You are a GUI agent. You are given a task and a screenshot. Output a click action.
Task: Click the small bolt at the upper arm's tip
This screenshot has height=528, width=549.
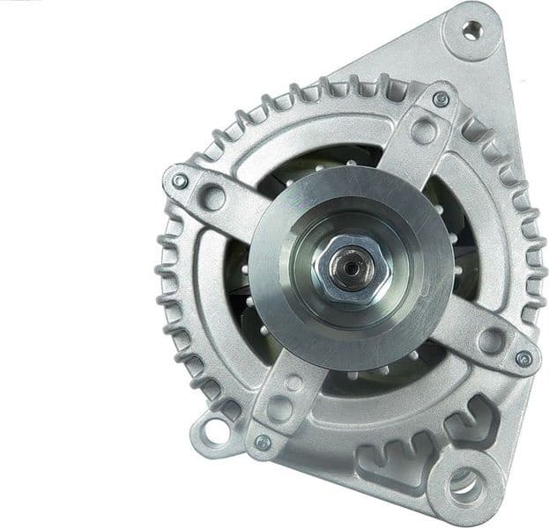[x=441, y=99]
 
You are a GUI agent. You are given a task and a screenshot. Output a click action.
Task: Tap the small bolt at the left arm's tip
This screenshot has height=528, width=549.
[x=180, y=180]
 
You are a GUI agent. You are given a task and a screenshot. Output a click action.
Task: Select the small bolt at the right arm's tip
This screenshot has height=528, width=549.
[x=523, y=358]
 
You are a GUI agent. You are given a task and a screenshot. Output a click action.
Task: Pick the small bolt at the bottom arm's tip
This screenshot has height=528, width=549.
[x=263, y=443]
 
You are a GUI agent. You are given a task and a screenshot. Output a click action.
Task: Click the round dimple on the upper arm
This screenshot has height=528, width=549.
[x=424, y=132]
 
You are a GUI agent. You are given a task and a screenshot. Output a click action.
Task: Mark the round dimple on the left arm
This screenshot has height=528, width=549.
[x=212, y=194]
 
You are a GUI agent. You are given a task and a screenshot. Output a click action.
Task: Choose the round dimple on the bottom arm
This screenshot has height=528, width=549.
[x=278, y=407]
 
